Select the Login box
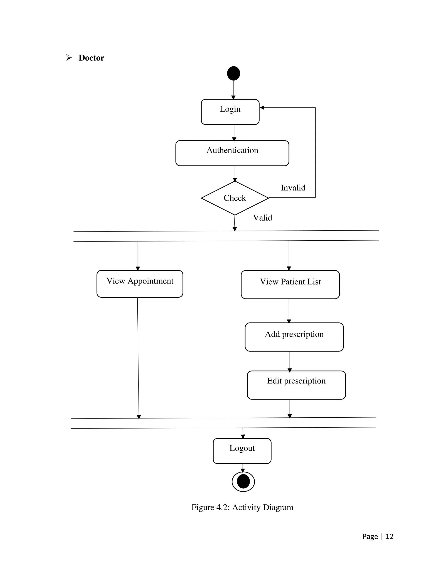pyautogui.click(x=230, y=112)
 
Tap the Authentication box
pyautogui.click(x=232, y=153)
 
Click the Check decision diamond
pyautogui.click(x=235, y=198)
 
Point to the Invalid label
pyautogui.click(x=293, y=188)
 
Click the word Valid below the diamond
pyautogui.click(x=262, y=218)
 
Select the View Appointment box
pyautogui.click(x=140, y=284)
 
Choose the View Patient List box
pyautogui.click(x=290, y=285)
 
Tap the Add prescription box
pyautogui.click(x=294, y=337)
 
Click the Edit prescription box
pyautogui.click(x=296, y=385)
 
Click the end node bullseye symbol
pyautogui.click(x=243, y=481)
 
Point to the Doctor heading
pyautogui.click(x=91, y=58)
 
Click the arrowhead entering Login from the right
pyautogui.click(x=262, y=108)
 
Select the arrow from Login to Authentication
pyautogui.click(x=234, y=133)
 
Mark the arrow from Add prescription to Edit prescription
pyautogui.click(x=290, y=361)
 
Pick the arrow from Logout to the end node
pyautogui.click(x=243, y=468)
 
